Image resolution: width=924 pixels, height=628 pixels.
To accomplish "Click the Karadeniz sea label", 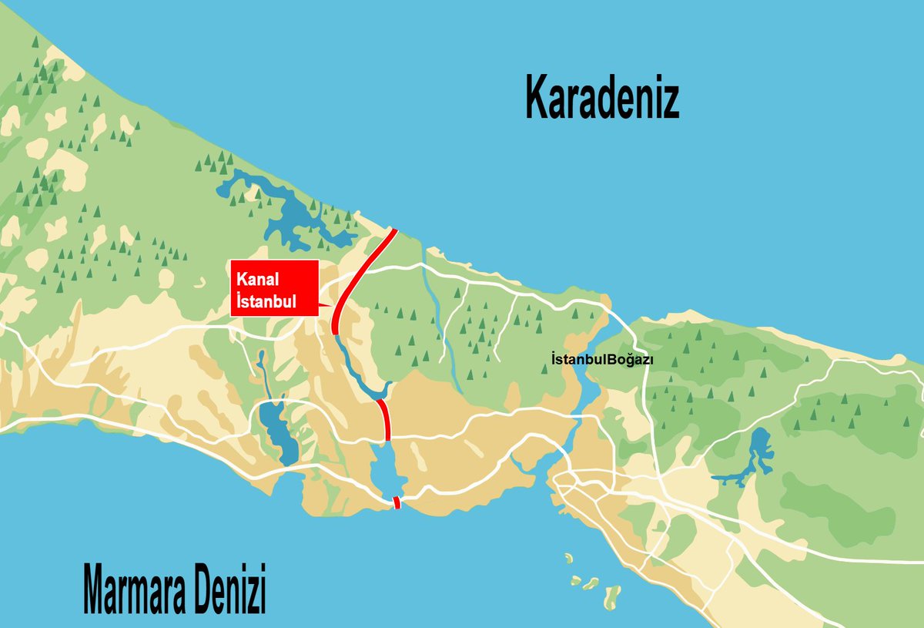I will pyautogui.click(x=602, y=98).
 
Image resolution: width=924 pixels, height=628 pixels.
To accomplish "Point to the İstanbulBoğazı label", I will pyautogui.click(x=602, y=359).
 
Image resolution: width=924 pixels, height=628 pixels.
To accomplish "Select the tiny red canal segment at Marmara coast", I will pyautogui.click(x=397, y=503).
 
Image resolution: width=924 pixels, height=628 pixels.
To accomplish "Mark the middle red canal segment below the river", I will pyautogui.click(x=384, y=419).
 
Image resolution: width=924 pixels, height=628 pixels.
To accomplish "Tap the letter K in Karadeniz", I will pyautogui.click(x=538, y=98).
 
